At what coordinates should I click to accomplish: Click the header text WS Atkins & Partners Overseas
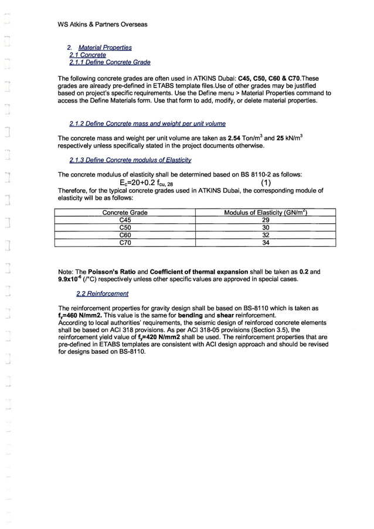(103, 25)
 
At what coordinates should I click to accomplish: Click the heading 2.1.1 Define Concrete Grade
(110, 62)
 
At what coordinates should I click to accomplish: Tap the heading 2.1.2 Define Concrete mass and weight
(147, 124)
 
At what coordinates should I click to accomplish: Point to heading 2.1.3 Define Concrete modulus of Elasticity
(130, 161)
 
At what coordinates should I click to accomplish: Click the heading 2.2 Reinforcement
(103, 293)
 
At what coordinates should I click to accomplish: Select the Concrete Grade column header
(125, 213)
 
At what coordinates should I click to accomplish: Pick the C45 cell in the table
(125, 220)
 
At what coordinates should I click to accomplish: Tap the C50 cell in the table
(125, 228)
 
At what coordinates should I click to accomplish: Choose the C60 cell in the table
(125, 236)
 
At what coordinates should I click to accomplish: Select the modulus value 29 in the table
(266, 220)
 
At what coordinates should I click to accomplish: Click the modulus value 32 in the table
(266, 236)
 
